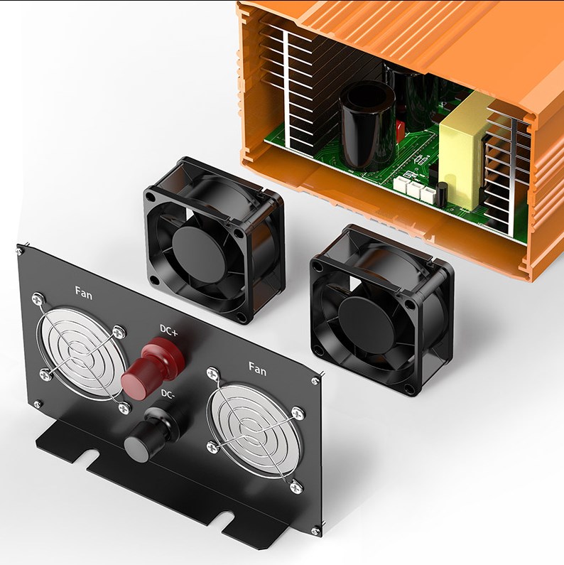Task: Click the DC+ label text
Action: point(168,330)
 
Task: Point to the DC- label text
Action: point(168,394)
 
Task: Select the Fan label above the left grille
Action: point(84,293)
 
